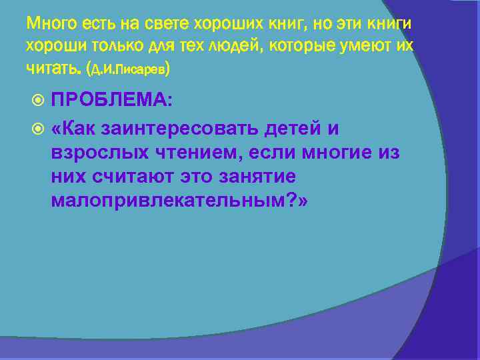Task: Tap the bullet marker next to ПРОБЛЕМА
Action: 38,101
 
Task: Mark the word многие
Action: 337,153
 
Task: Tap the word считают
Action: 123,177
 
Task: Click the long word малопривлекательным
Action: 167,201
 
